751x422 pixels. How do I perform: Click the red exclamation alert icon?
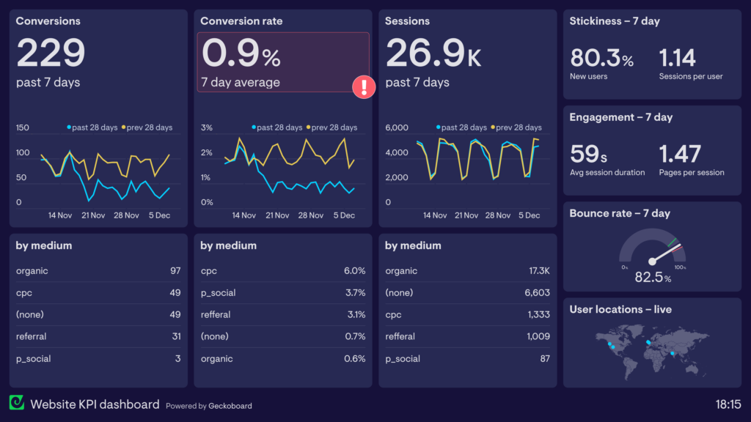pyautogui.click(x=364, y=87)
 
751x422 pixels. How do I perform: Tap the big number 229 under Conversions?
pyautogui.click(x=51, y=53)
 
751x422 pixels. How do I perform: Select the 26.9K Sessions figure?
pyautogui.click(x=433, y=53)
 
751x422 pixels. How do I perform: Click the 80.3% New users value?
pyautogui.click(x=601, y=58)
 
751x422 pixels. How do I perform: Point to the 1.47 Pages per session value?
pyautogui.click(x=680, y=154)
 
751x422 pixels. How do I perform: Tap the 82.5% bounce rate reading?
pyautogui.click(x=653, y=278)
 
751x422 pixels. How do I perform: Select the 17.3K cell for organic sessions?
pyautogui.click(x=538, y=271)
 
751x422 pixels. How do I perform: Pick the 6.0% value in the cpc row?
pyautogui.click(x=354, y=271)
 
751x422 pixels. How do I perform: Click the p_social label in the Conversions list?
pyautogui.click(x=34, y=359)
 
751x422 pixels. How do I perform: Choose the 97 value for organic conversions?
pyautogui.click(x=175, y=271)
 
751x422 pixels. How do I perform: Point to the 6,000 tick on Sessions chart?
pyautogui.click(x=397, y=127)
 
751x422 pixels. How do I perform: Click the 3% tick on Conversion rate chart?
pyautogui.click(x=207, y=127)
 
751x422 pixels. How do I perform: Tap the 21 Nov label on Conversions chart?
pyautogui.click(x=94, y=215)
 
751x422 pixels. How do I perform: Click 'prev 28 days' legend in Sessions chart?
pyautogui.click(x=518, y=127)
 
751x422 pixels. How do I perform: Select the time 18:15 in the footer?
pyautogui.click(x=728, y=404)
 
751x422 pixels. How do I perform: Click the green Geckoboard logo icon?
pyautogui.click(x=16, y=403)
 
